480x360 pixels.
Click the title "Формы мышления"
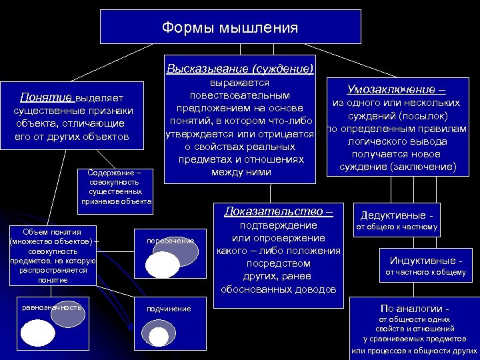[x=230, y=28]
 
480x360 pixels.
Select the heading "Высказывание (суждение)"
[x=240, y=69]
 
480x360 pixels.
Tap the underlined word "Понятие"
[x=46, y=97]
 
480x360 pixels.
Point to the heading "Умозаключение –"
[x=397, y=89]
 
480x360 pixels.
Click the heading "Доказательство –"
[x=279, y=211]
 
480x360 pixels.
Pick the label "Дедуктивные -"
[x=396, y=215]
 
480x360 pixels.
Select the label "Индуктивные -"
[x=426, y=260]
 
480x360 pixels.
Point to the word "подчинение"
[x=169, y=308]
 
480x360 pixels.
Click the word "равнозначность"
[x=51, y=307]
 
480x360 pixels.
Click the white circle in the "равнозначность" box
[x=38, y=332]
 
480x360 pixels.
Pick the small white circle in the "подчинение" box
[x=159, y=336]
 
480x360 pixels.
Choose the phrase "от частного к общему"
[x=426, y=272]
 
